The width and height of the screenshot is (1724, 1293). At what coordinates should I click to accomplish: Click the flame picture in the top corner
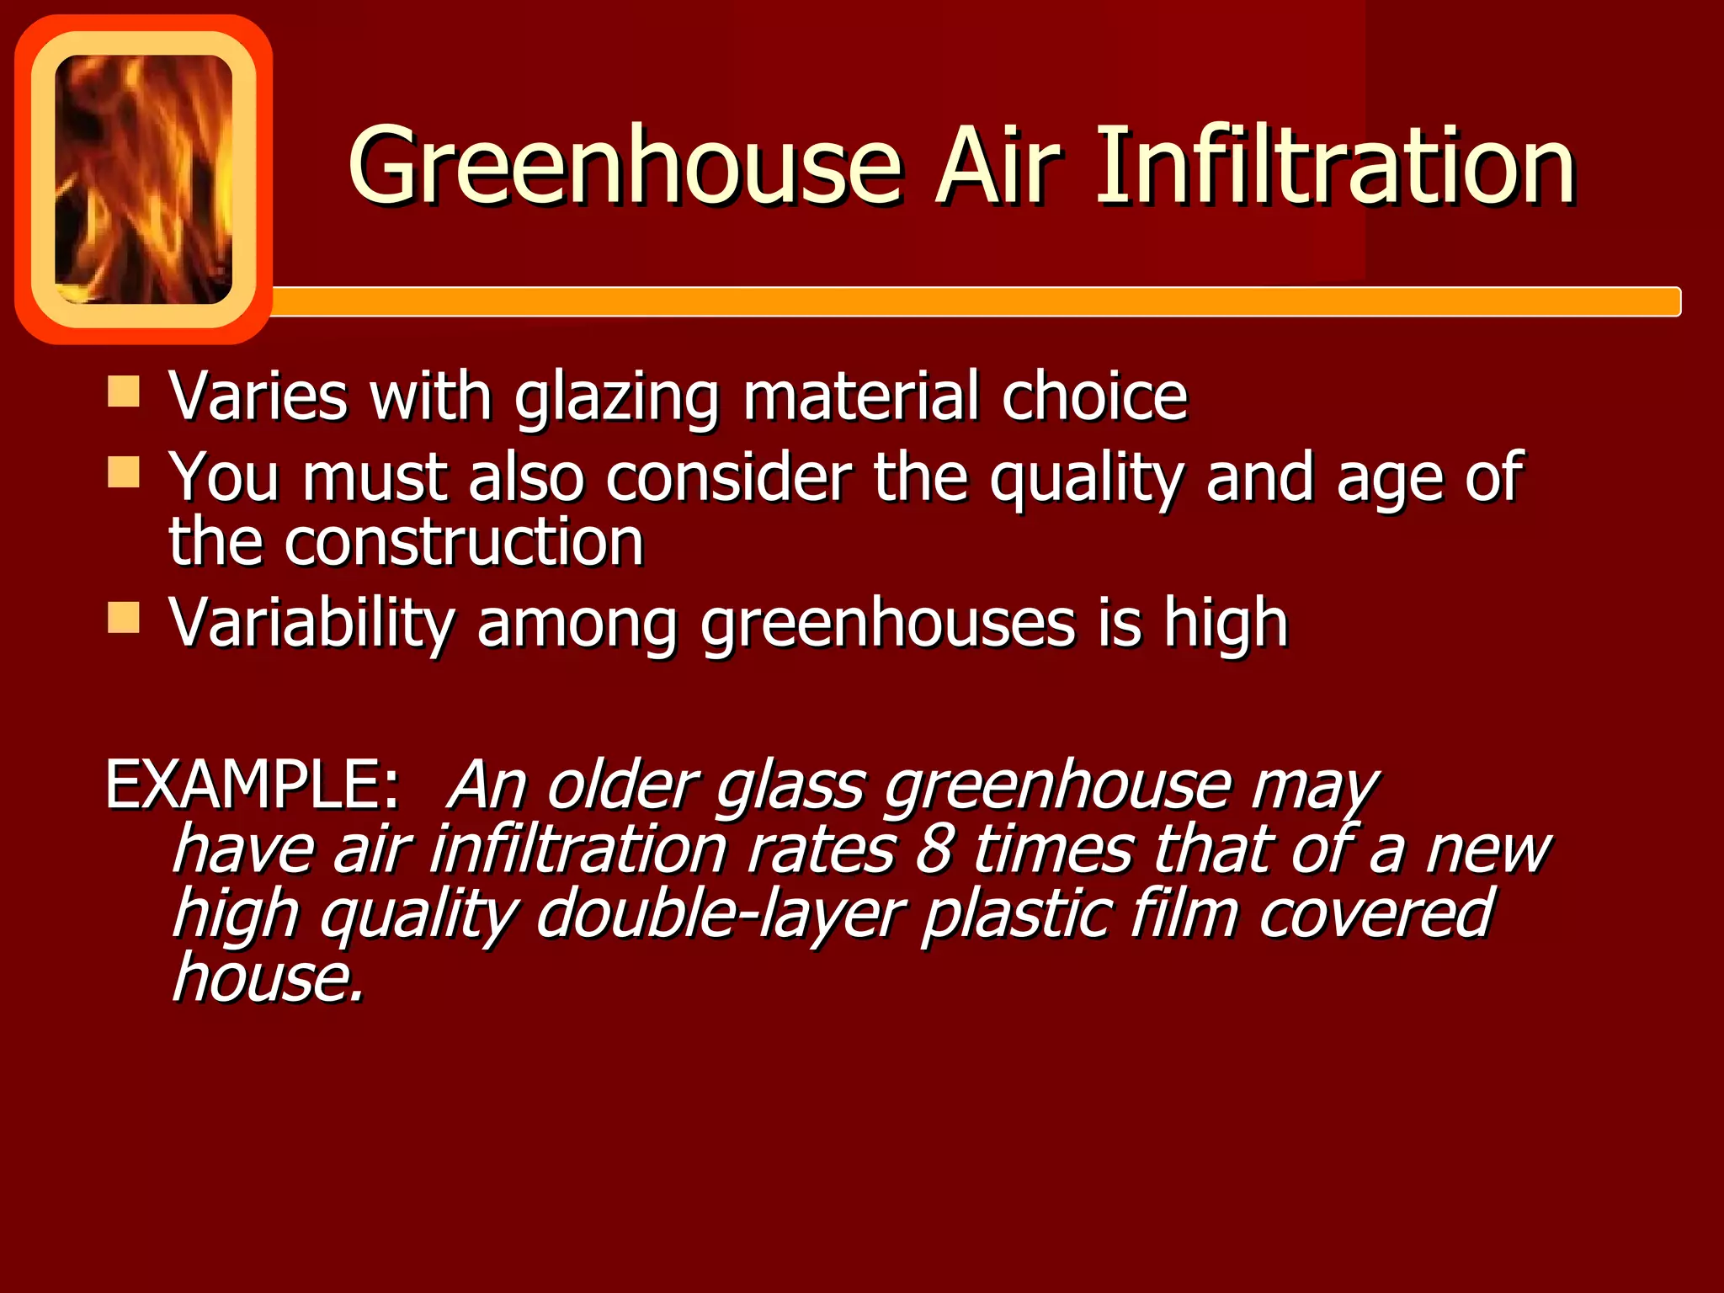143,178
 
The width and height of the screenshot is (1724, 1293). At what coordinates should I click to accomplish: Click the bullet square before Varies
124,391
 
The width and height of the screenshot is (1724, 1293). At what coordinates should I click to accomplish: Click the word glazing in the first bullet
617,398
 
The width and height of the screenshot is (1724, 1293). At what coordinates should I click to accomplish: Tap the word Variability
311,625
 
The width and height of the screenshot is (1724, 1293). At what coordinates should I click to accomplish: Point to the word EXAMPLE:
252,785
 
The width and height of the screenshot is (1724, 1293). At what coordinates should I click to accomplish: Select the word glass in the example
790,786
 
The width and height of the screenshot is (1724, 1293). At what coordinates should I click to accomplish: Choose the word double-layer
721,914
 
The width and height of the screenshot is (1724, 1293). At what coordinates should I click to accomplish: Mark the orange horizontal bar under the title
968,301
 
